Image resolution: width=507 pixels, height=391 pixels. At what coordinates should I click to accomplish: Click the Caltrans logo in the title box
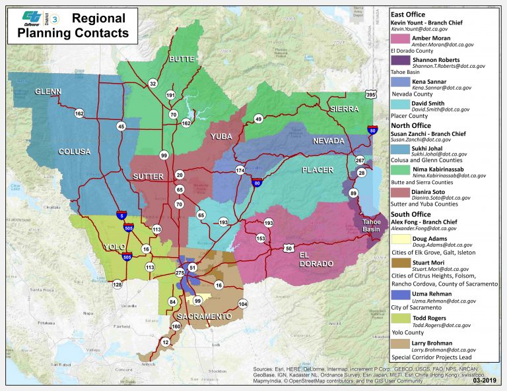[31, 20]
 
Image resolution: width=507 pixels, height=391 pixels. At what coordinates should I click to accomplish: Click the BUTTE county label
[182, 59]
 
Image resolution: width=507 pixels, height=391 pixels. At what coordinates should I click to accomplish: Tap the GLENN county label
[48, 91]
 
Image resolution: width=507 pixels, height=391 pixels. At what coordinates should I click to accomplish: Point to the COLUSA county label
[74, 152]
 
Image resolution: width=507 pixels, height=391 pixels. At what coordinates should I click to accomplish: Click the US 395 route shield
[372, 95]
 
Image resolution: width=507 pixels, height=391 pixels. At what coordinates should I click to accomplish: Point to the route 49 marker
[259, 119]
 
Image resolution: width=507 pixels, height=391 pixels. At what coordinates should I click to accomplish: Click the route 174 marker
[240, 171]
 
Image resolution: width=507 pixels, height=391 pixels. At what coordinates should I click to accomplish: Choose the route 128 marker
[118, 284]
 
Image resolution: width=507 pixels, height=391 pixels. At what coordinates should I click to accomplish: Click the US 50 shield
[289, 248]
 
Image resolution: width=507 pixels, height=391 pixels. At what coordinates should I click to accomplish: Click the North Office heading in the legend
[411, 125]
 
